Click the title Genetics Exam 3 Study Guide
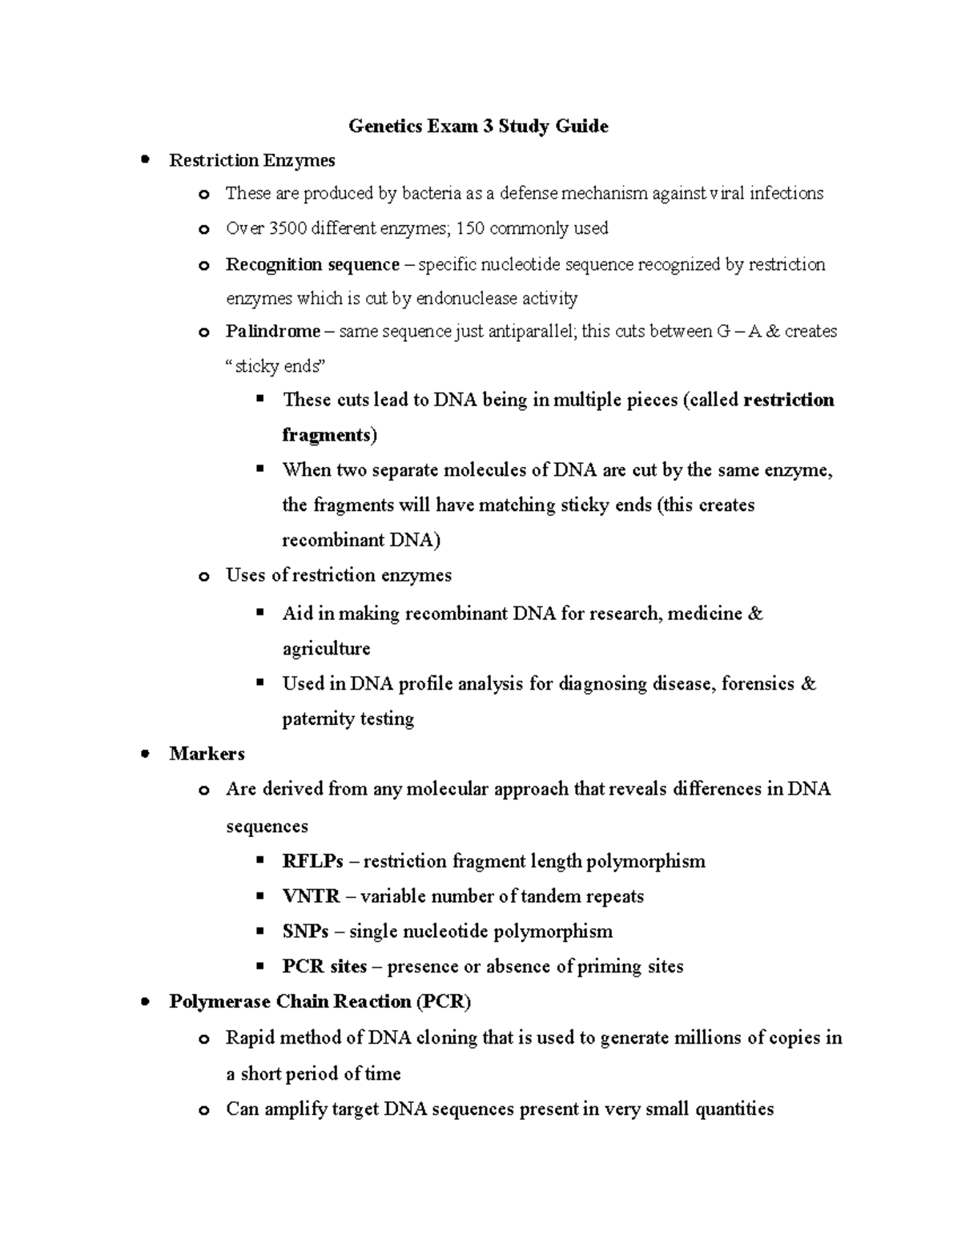478,127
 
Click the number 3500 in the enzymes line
288,228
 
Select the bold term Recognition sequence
312,264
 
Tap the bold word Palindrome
272,331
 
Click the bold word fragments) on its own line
329,435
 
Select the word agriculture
326,648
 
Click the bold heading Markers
207,754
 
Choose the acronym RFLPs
312,861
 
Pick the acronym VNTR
311,896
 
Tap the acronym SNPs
305,932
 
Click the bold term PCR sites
324,967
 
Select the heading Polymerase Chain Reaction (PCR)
320,1002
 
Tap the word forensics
758,684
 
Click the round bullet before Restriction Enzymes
145,159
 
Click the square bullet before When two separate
259,469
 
